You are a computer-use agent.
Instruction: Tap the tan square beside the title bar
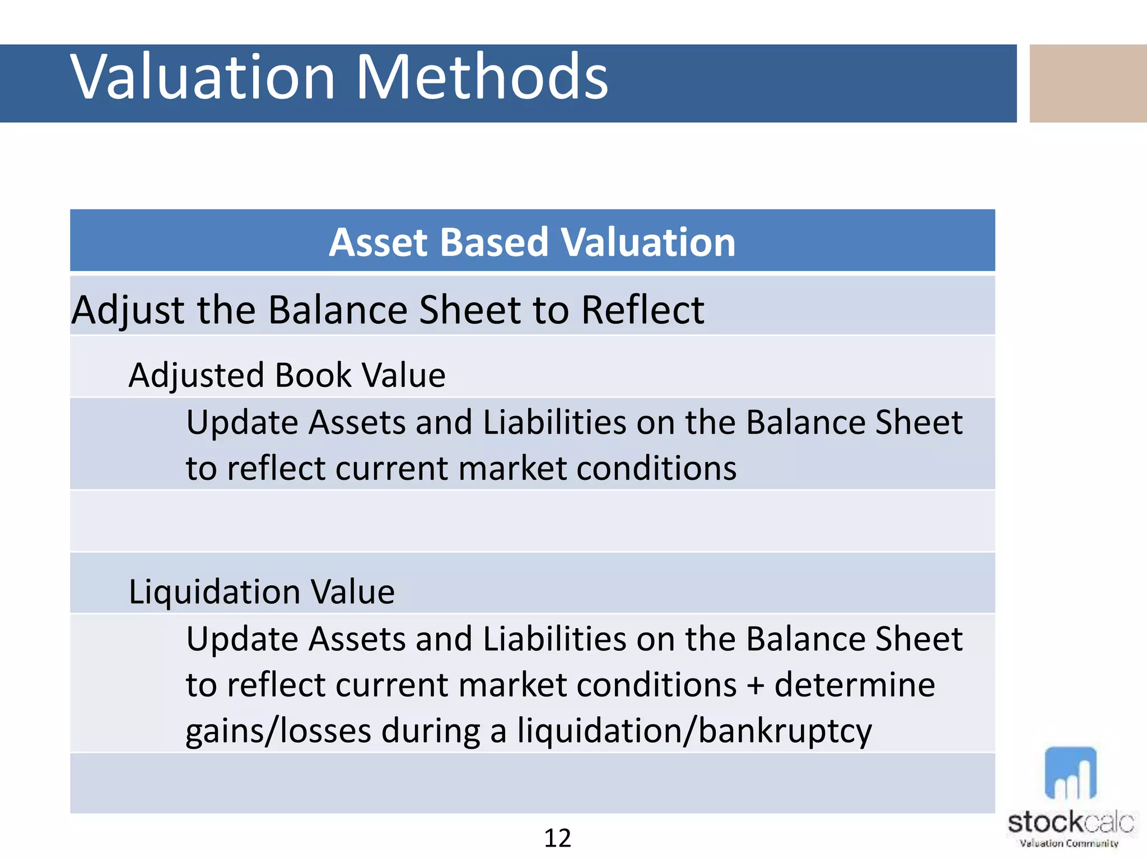1088,83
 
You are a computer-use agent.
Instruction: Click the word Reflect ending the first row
642,310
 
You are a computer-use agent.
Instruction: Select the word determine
855,685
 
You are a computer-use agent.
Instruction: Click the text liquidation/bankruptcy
694,732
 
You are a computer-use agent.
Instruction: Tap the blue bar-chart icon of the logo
1070,774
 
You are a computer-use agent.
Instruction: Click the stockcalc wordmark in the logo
1070,822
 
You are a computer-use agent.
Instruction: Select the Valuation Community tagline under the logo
1069,843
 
